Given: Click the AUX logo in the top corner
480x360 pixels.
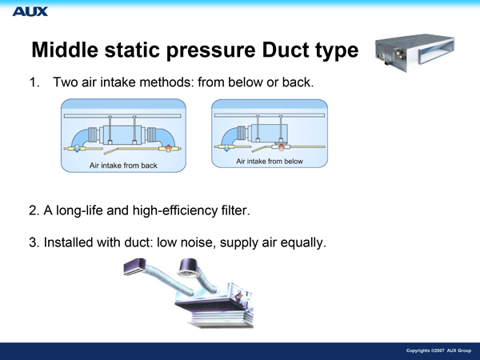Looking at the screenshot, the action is coord(30,12).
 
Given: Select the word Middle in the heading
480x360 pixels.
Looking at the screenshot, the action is coord(65,50).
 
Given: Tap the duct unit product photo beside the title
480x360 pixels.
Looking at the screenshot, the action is coord(414,53).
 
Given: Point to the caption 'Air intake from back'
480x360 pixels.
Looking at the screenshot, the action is coord(123,166).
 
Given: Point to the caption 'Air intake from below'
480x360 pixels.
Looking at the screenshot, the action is coord(270,161).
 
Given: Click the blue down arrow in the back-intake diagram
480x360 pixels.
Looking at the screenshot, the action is coord(77,149).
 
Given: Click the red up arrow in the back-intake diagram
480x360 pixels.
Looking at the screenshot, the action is coord(168,148).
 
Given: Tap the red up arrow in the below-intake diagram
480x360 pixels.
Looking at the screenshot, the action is coord(282,147).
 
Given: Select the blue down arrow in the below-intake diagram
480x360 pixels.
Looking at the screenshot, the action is coord(226,147).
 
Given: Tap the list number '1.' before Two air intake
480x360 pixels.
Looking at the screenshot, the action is coord(34,82).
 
